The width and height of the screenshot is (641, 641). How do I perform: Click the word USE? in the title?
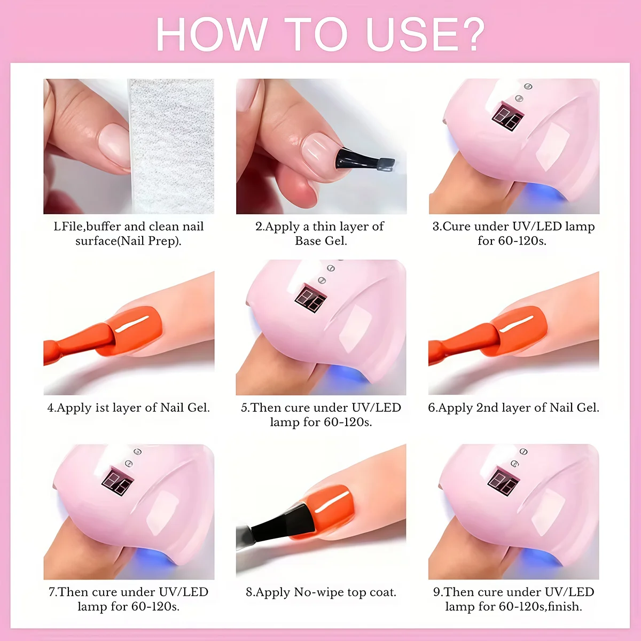click(x=425, y=35)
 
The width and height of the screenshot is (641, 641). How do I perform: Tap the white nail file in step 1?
click(x=171, y=147)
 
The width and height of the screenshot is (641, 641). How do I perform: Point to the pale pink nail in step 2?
click(x=319, y=150)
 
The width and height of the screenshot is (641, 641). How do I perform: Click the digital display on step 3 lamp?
click(x=507, y=117)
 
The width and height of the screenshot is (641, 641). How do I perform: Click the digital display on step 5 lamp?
click(x=310, y=298)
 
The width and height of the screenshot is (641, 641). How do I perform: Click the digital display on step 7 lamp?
click(x=118, y=482)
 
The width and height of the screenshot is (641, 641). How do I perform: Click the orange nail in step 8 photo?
click(x=331, y=511)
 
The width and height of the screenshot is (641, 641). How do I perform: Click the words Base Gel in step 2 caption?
click(x=321, y=241)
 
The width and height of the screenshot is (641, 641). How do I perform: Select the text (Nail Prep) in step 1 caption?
click(x=151, y=241)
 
